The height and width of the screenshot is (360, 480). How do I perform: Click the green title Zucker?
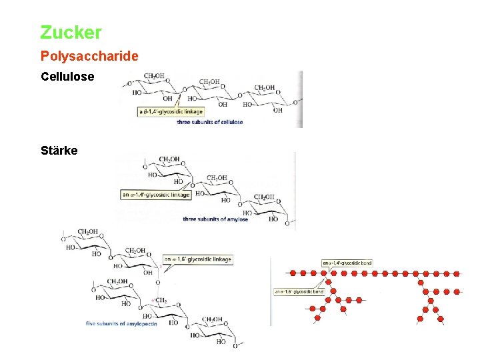click(71, 32)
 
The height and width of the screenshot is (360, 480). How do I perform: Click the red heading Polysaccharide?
click(89, 56)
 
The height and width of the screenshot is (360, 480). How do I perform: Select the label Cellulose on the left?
click(67, 77)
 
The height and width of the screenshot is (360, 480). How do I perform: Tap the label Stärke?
click(59, 151)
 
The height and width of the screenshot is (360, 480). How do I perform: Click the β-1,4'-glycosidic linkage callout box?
click(171, 112)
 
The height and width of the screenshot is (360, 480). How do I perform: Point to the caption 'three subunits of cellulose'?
click(209, 122)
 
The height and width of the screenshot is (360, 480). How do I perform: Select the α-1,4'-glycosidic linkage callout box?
click(156, 195)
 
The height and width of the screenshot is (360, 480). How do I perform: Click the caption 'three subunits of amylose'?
click(215, 219)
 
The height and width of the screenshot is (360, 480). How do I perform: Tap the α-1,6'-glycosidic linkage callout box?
click(198, 259)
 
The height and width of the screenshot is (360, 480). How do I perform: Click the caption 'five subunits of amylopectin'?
click(121, 324)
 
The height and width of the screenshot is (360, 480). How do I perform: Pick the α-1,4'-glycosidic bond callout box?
click(347, 263)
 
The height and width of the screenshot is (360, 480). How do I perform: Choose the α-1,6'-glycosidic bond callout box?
click(299, 291)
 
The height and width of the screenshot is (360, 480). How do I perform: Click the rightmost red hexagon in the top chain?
click(457, 273)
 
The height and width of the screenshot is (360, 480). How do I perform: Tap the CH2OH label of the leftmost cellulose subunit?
click(155, 77)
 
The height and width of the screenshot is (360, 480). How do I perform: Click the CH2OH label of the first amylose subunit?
click(169, 159)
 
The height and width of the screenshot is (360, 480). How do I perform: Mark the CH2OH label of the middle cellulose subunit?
click(209, 82)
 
